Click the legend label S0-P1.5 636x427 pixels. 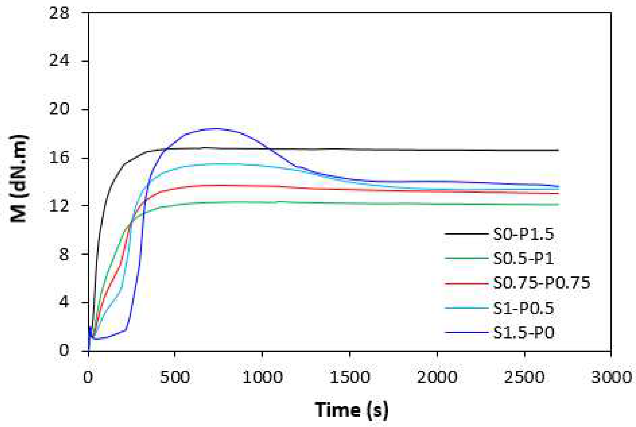click(523, 234)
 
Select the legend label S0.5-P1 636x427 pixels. click(523, 258)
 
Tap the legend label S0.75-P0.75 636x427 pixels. click(541, 283)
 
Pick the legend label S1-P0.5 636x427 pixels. click(523, 308)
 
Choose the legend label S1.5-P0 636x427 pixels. click(523, 332)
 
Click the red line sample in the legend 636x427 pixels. click(466, 283)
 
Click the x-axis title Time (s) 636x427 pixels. click(351, 410)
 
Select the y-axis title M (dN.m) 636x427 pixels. click(19, 178)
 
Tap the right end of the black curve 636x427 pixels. click(558, 150)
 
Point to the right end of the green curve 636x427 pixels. click(559, 204)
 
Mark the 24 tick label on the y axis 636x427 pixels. click(59, 61)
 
